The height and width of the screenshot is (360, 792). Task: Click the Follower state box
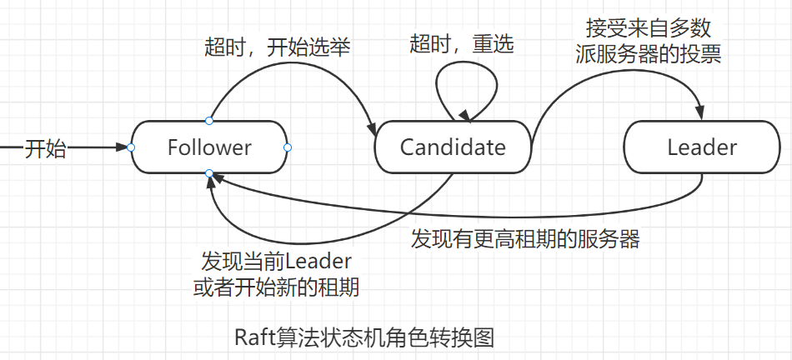pyautogui.click(x=209, y=147)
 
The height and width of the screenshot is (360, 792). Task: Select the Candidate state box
pyautogui.click(x=453, y=147)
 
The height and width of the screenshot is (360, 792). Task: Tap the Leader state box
pyautogui.click(x=702, y=147)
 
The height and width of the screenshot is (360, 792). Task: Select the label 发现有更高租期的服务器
pyautogui.click(x=525, y=239)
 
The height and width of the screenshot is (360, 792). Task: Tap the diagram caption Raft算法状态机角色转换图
pyautogui.click(x=365, y=337)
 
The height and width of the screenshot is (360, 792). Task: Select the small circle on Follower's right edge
pyautogui.click(x=288, y=147)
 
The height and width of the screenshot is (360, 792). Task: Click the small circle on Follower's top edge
pyautogui.click(x=209, y=122)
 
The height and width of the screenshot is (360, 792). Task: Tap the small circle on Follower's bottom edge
pyautogui.click(x=209, y=173)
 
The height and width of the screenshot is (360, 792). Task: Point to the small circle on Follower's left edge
pyautogui.click(x=131, y=147)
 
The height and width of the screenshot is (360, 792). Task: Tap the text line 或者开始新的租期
pyautogui.click(x=276, y=288)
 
